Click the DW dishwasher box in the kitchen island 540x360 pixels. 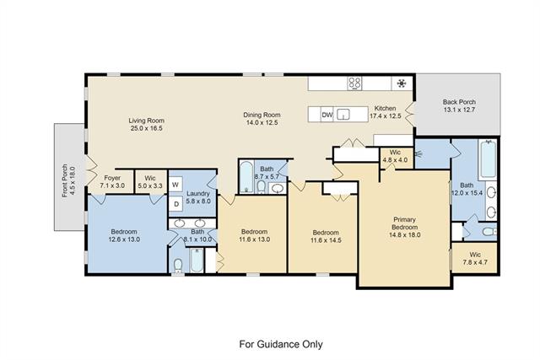click(x=327, y=115)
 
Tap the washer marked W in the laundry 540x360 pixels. click(x=175, y=185)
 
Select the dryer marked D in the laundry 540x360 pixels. click(x=176, y=204)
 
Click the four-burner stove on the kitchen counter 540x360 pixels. click(x=354, y=83)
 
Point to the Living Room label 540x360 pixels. click(x=146, y=121)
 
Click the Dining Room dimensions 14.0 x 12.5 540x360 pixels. click(x=262, y=122)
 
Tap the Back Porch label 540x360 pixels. click(x=459, y=102)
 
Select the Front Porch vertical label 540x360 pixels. click(x=65, y=180)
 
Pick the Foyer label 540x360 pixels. click(x=112, y=178)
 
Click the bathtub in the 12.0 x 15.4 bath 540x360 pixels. click(x=488, y=159)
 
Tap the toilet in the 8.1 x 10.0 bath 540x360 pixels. click(x=178, y=266)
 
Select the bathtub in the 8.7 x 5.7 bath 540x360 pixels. click(x=246, y=177)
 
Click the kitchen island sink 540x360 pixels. click(x=343, y=115)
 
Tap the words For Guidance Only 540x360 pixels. click(x=281, y=344)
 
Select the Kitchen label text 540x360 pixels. click(x=385, y=108)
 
